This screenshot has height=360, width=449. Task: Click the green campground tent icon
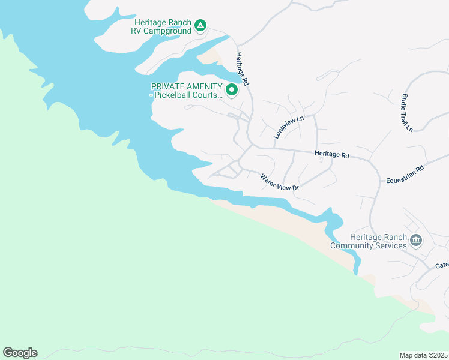[x=200, y=26]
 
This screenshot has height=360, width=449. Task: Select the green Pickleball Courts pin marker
[x=232, y=90]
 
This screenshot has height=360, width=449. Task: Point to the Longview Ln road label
[x=289, y=127]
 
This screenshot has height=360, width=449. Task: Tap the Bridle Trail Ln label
[x=408, y=112]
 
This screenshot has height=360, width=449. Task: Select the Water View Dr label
[x=279, y=182]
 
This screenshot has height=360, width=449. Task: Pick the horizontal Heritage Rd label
[x=331, y=154]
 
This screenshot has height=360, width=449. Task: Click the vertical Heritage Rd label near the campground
[x=241, y=67]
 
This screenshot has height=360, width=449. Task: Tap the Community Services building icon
[x=415, y=241]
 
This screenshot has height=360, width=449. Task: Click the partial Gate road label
[x=442, y=265]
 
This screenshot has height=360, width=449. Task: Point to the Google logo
[x=20, y=353]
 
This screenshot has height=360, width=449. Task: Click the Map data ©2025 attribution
[x=424, y=355]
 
